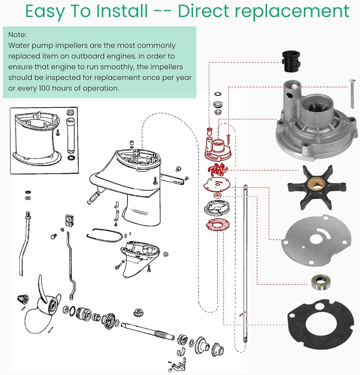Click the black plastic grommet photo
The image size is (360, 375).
point(291,61)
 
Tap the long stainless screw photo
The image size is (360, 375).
point(351,94)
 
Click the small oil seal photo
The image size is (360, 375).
point(321,283)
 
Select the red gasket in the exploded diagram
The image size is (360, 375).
point(217,225)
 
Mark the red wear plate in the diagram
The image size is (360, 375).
point(216,184)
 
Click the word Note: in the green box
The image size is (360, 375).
point(18,34)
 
